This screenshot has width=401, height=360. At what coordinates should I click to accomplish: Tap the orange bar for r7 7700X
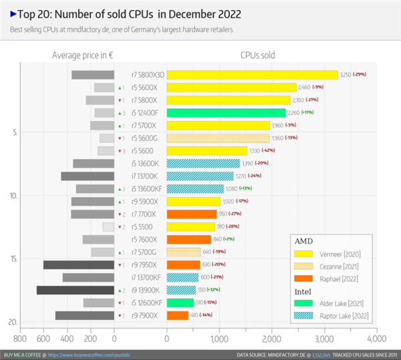pos(190,214)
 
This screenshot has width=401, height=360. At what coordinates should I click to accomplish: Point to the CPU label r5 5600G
pos(144,138)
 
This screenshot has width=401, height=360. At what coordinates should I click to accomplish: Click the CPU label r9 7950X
pos(144,265)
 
